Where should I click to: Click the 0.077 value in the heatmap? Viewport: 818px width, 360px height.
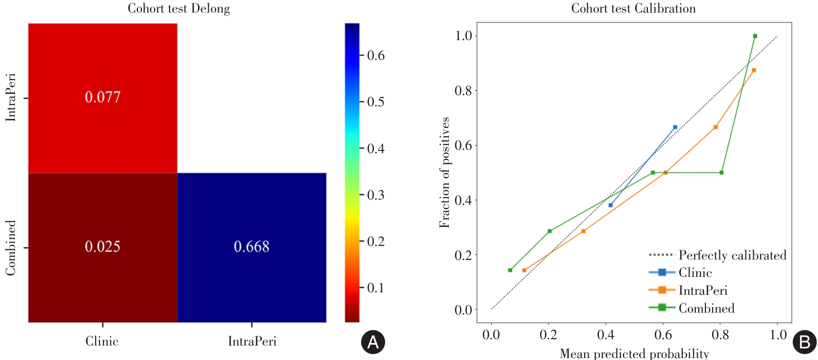(x=102, y=97)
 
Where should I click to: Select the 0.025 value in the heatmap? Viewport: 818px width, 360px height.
(x=102, y=246)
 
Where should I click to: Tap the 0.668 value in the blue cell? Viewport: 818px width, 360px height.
(x=251, y=246)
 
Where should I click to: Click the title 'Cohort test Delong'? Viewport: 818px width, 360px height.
(x=179, y=9)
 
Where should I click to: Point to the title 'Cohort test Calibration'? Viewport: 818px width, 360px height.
(x=633, y=9)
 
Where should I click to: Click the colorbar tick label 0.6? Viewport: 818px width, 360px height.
(x=376, y=56)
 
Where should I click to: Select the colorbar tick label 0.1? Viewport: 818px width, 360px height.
(x=376, y=288)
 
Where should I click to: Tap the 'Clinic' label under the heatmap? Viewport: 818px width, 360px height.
(x=102, y=341)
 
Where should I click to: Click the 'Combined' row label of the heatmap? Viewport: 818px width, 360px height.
(x=11, y=248)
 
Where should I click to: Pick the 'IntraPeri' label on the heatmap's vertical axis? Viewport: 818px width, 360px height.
(x=11, y=97)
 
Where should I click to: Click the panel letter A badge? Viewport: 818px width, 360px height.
(x=373, y=342)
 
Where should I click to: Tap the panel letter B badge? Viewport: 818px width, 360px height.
(x=804, y=342)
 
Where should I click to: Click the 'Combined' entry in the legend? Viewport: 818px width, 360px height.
(x=706, y=308)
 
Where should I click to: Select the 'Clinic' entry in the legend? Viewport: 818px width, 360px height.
(x=695, y=273)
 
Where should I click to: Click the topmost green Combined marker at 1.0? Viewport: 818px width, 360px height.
(x=755, y=36)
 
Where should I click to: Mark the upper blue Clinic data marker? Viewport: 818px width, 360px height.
(x=675, y=127)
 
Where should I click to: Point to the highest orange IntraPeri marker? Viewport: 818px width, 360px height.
(x=754, y=70)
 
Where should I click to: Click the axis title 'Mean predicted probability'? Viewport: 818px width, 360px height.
(x=634, y=354)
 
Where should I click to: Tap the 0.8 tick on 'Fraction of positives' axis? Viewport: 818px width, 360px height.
(x=463, y=91)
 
